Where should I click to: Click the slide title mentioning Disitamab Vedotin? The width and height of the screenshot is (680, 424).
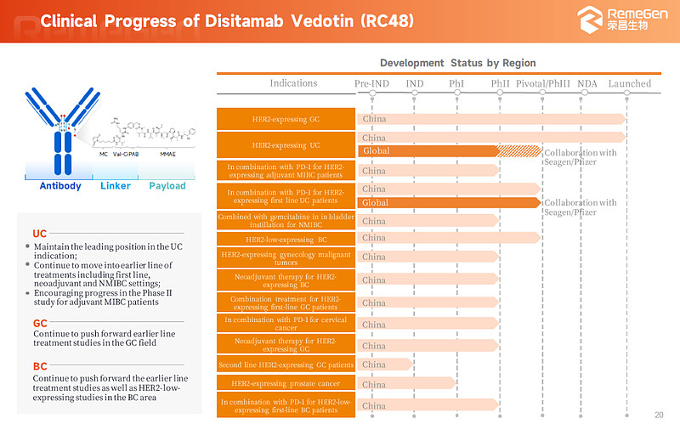pos(227,20)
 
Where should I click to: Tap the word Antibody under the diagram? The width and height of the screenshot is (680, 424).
pos(60,186)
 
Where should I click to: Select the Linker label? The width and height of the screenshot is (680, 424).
pos(116,186)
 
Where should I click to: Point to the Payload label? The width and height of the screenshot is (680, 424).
pos(167,186)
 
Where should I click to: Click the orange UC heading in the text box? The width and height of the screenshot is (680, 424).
pos(40,234)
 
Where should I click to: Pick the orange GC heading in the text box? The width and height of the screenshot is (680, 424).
pos(40,323)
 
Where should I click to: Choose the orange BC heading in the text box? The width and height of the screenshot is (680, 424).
pos(40,366)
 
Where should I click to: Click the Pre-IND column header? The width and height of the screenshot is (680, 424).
pos(373,83)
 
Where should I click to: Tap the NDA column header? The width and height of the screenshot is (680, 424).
pos(586,83)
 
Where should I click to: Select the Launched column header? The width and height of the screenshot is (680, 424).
pos(629,83)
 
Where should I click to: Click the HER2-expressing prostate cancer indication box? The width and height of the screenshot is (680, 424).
pos(285,385)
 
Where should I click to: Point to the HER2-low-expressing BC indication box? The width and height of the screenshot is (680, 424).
pos(285,240)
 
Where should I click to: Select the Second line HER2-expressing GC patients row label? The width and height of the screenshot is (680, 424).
pos(285,365)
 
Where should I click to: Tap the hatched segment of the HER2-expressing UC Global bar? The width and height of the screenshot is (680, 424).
pos(519,151)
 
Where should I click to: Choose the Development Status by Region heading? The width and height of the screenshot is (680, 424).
pos(457,63)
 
